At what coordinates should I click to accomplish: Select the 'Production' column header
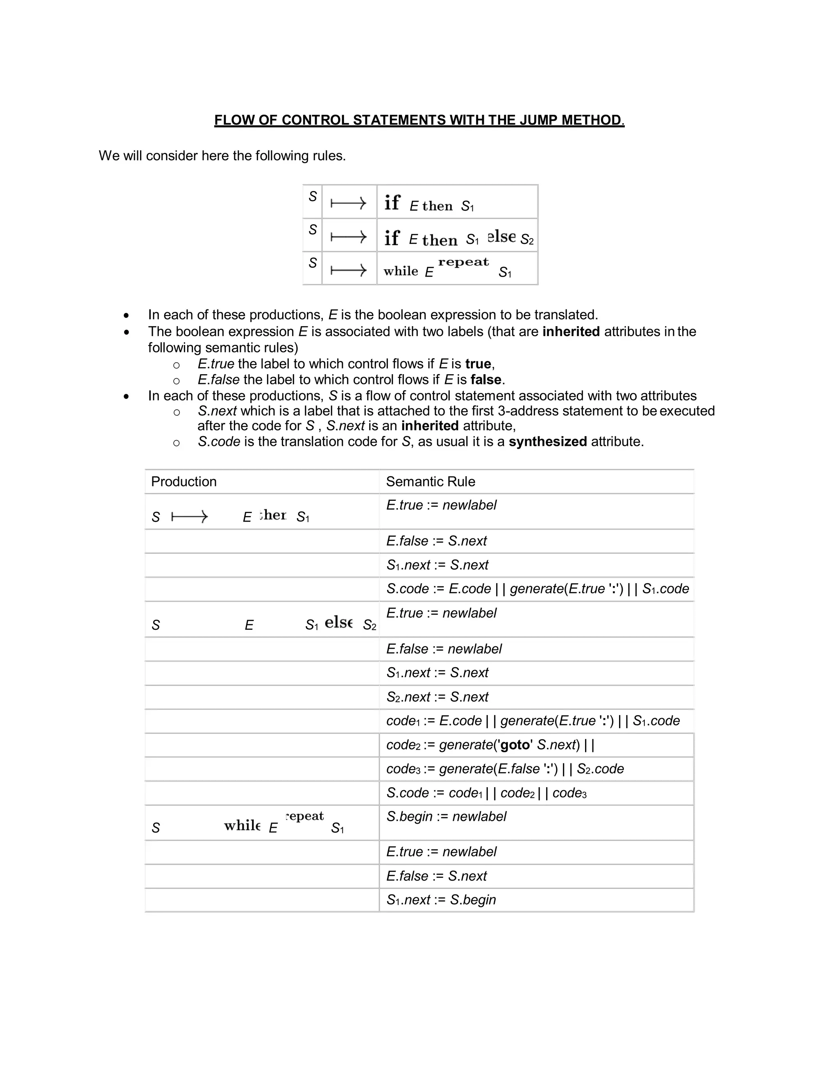tap(184, 482)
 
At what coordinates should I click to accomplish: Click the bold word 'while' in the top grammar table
tap(401, 271)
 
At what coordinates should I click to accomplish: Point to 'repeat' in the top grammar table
tap(463, 262)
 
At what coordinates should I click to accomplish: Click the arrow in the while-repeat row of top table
tap(349, 270)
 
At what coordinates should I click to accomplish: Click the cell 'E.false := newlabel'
tap(444, 649)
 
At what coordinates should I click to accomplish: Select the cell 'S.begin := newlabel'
tap(446, 816)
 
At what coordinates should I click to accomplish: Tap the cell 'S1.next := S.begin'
tap(441, 900)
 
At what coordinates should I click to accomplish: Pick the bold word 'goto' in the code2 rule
tap(515, 745)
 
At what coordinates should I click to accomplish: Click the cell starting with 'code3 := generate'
tap(504, 769)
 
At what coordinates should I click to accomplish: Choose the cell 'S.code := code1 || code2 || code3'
tap(486, 793)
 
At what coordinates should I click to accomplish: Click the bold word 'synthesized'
tap(547, 441)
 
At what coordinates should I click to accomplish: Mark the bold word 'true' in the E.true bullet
tap(478, 364)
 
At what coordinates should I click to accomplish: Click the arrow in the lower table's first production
tap(189, 517)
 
